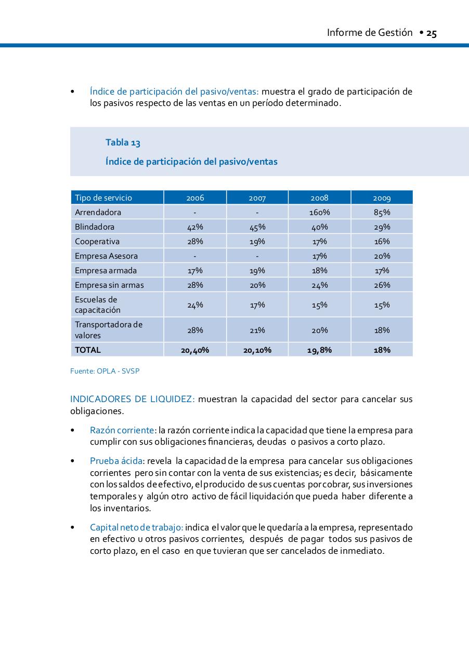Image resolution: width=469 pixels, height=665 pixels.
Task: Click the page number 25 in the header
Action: [431, 33]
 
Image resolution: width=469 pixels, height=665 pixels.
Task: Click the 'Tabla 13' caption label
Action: [123, 142]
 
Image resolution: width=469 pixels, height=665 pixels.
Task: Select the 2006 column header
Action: [195, 198]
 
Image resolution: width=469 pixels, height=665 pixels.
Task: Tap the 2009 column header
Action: [382, 198]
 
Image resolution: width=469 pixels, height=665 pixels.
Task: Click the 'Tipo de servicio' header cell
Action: [103, 198]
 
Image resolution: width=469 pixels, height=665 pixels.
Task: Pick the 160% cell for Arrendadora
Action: [319, 212]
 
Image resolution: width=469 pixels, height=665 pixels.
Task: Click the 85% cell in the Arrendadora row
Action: [382, 212]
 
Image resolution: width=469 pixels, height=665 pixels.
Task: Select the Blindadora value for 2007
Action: [257, 227]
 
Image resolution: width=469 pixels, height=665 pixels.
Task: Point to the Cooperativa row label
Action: [97, 241]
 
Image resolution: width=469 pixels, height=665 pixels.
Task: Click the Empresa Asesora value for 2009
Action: [382, 256]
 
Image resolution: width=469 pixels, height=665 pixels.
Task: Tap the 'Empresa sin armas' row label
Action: [109, 285]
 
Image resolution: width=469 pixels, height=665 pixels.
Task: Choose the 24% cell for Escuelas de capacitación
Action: [195, 305]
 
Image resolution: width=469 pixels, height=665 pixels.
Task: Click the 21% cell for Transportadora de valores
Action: [257, 330]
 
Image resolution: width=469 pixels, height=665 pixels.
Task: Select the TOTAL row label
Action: [88, 350]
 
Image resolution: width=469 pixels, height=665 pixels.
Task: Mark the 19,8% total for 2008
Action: [319, 350]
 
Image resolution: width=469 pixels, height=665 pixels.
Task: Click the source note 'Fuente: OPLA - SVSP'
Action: [105, 371]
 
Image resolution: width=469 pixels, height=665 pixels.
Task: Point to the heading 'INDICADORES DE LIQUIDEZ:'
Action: [132, 399]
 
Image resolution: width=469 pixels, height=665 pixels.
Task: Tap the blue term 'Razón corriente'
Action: [122, 430]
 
